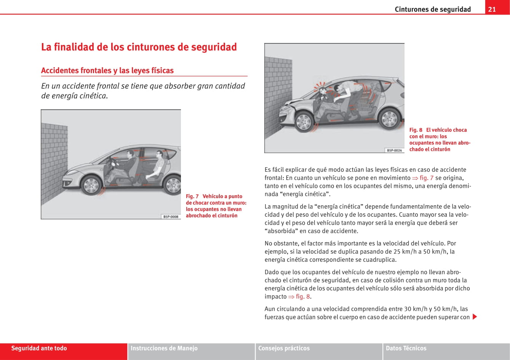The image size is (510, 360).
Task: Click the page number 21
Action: click(x=492, y=9)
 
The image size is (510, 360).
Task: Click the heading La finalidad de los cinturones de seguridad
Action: click(x=139, y=47)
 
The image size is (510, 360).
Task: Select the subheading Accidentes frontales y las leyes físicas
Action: click(x=107, y=70)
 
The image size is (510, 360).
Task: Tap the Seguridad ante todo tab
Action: click(x=39, y=348)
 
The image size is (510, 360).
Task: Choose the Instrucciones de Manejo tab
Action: click(x=164, y=348)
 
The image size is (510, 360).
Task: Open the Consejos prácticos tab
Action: click(x=284, y=348)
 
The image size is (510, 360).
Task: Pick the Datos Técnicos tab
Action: click(x=406, y=348)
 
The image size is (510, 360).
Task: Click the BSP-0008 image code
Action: click(x=171, y=216)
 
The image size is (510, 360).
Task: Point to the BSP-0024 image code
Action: click(x=394, y=150)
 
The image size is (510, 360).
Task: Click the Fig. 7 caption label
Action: click(x=192, y=196)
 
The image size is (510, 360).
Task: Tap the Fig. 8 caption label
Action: click(x=416, y=130)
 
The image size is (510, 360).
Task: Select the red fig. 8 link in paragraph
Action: click(x=303, y=297)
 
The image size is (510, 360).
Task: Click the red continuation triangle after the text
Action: click(x=475, y=317)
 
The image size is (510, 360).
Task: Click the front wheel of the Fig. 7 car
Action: click(x=91, y=186)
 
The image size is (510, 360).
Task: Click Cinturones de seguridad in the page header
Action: click(x=433, y=9)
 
